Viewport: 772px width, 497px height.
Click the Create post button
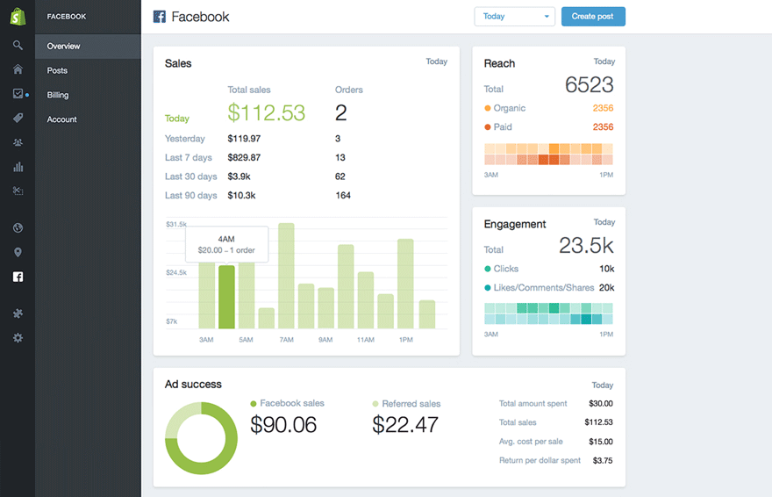coord(593,17)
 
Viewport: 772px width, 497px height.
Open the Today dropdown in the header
coord(514,17)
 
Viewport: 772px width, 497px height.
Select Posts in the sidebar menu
coord(57,70)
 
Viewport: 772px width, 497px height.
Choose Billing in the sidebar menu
coord(58,95)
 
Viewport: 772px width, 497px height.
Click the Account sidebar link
coord(61,119)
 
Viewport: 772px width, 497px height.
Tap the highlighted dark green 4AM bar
coord(226,297)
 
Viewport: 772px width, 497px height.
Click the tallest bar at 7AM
coord(286,276)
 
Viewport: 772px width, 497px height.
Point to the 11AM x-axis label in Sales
coord(365,340)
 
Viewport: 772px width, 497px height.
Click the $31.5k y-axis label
coord(176,225)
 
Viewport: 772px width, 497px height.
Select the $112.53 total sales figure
coord(267,112)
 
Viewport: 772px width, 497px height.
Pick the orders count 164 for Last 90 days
coord(343,196)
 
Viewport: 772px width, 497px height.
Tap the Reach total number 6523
coord(589,85)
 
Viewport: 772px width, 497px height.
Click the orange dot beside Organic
coord(488,109)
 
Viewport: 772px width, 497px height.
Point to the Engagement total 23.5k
coord(586,246)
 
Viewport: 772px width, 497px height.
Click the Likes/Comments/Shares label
coord(544,288)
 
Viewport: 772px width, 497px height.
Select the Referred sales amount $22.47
coord(405,425)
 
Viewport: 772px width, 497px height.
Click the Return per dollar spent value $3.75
coord(603,460)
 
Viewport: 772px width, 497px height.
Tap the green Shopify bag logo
coord(18,16)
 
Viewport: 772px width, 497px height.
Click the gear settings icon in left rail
coord(18,338)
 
